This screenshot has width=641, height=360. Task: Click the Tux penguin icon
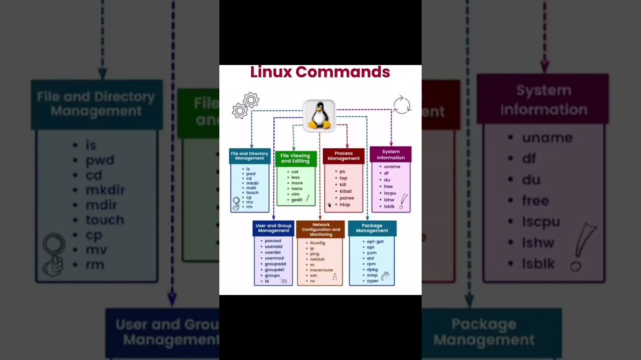[319, 116]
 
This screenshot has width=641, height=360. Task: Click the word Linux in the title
[271, 72]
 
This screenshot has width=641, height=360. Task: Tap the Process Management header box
[344, 156]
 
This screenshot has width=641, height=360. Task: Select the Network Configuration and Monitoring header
[320, 229]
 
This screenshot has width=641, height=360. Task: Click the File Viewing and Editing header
[295, 158]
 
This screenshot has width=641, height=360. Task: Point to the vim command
[295, 194]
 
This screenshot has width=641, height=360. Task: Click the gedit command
[297, 200]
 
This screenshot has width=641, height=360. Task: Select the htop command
[345, 204]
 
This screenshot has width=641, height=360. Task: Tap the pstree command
[347, 198]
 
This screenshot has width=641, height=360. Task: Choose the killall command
[346, 191]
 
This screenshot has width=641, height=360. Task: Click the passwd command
[273, 241]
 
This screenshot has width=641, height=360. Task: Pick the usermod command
[274, 258]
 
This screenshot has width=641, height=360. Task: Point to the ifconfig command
[317, 243]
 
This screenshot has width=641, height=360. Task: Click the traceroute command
[321, 270]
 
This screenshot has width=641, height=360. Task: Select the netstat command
[317, 259]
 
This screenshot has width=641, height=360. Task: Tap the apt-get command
[375, 241]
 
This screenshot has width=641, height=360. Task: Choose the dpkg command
[372, 269]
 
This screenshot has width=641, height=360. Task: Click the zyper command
[373, 281]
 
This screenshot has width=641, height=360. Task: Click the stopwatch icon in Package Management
[385, 275]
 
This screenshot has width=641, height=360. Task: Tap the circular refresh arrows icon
[402, 105]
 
